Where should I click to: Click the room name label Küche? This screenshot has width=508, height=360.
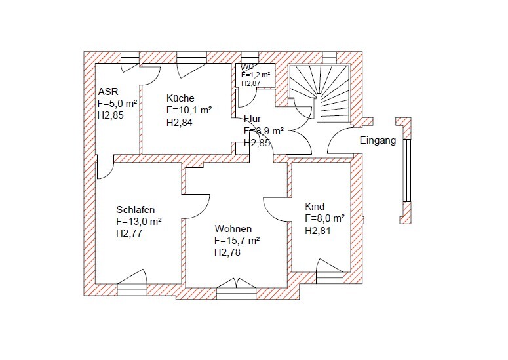[180, 98]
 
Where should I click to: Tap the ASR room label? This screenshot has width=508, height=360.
[108, 91]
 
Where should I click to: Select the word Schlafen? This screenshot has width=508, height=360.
[136, 209]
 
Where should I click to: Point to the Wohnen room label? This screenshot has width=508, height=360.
[233, 229]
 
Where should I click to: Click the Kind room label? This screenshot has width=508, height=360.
[315, 207]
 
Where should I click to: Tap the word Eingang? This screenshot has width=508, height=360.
[378, 140]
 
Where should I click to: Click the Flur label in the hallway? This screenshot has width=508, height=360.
[252, 119]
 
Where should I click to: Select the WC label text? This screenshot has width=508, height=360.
[248, 66]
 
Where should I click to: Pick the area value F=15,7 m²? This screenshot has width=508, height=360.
[237, 241]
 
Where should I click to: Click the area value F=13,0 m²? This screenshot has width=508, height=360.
[139, 222]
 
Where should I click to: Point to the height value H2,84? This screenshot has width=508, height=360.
[180, 122]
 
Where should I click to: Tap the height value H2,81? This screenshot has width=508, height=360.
[318, 230]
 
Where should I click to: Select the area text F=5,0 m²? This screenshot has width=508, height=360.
[117, 104]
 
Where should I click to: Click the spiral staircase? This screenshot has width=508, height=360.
[319, 93]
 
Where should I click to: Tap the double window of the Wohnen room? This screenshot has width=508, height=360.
[236, 289]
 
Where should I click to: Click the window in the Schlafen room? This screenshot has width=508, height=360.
[132, 283]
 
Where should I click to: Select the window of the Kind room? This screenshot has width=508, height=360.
[330, 271]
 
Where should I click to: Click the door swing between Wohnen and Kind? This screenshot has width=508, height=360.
[275, 210]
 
